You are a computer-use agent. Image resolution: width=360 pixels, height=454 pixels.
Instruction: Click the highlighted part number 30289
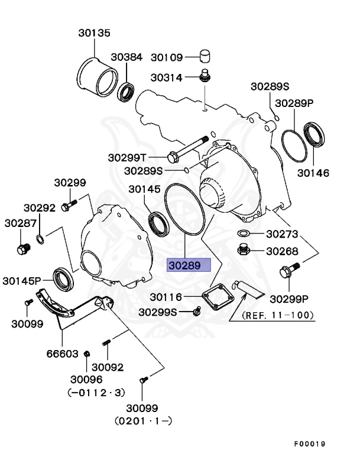(x=189, y=265)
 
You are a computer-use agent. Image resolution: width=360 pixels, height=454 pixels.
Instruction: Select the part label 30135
(x=94, y=33)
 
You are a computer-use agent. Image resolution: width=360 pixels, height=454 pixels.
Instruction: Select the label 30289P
(x=294, y=103)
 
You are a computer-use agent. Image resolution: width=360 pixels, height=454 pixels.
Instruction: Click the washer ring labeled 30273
(x=245, y=234)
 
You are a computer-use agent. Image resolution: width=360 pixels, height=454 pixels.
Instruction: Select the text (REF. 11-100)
(x=277, y=314)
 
